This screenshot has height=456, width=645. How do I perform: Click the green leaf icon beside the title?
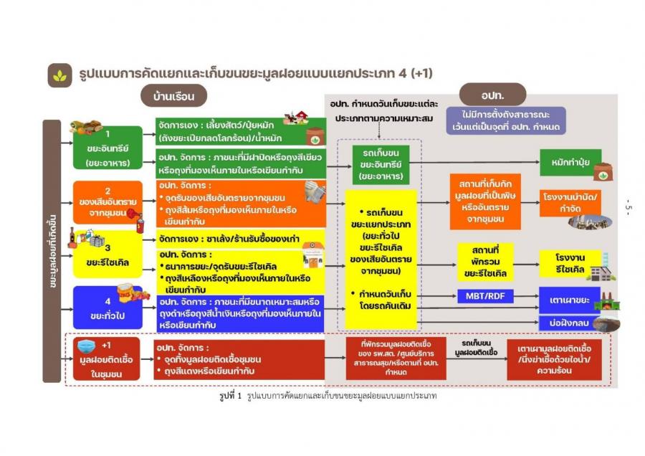58,75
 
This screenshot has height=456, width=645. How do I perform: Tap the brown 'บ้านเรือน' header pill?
174,95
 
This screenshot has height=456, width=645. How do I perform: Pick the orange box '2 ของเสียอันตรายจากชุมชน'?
107,202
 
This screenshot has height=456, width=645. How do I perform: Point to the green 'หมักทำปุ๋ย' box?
570,162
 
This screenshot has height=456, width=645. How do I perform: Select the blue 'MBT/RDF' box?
487,295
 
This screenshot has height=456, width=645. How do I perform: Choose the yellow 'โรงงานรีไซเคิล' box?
571,262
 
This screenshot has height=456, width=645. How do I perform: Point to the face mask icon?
85,348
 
